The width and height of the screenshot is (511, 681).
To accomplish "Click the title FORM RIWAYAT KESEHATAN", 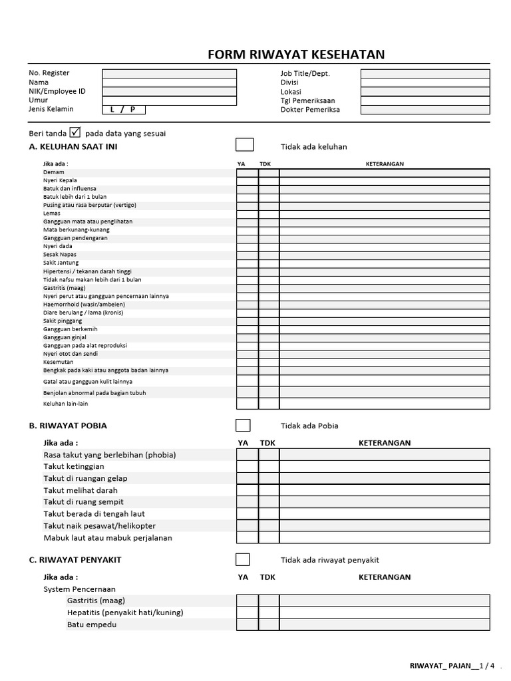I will coord(296,55).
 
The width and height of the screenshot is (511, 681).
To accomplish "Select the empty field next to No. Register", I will coord(169,74).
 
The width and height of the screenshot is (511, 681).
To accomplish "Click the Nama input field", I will coord(169,82).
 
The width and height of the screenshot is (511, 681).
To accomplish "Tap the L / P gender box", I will coord(123,110).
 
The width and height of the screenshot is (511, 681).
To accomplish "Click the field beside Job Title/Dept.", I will coord(425,74).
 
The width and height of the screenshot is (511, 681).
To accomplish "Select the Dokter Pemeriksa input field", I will coord(425,110).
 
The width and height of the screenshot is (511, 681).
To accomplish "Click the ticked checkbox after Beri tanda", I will coord(75,132).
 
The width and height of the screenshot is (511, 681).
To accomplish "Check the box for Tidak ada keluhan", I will coord(244,146).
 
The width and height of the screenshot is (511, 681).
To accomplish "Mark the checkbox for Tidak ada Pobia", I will coord(244,425).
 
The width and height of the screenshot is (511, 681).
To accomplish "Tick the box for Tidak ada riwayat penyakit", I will coord(244,559).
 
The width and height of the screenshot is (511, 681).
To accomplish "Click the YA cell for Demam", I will coord(247,173).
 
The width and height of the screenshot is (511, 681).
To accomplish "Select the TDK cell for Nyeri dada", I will coord(269,247).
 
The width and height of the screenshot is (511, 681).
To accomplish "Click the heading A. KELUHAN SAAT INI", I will coord(73,146).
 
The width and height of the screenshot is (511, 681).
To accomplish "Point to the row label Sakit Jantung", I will coord(61,263).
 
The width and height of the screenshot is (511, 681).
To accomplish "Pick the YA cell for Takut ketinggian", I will coord(247,467).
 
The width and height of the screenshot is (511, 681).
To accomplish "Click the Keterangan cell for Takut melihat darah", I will coord(385,490).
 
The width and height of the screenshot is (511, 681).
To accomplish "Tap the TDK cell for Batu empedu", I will coord(269,624).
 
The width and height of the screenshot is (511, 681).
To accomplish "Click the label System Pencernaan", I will coord(79,589).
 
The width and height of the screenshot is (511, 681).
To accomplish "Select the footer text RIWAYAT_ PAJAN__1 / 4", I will coord(452,665).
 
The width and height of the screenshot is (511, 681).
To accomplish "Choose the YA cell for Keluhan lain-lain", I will coord(247,404).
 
